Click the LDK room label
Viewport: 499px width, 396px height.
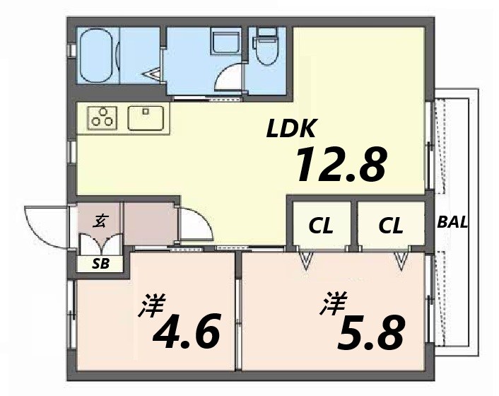point(293,129)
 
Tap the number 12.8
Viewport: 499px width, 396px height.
point(340,164)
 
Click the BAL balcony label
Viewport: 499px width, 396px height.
point(452,222)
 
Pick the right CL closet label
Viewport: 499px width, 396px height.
point(390,226)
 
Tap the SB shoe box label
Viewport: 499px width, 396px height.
point(101,264)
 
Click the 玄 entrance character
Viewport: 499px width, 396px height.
point(101,221)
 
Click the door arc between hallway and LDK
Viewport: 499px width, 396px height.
point(194,225)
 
